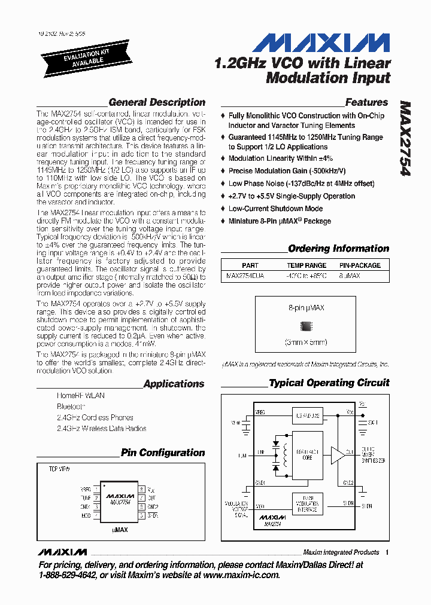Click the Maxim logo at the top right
pyautogui.click(x=321, y=43)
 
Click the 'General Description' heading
pyautogui.click(x=157, y=102)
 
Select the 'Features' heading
pyautogui.click(x=366, y=102)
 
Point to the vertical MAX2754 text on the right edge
pyautogui.click(x=405, y=138)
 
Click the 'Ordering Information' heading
pyautogui.click(x=338, y=249)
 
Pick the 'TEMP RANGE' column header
pyautogui.click(x=306, y=265)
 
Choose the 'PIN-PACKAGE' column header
pyautogui.click(x=360, y=265)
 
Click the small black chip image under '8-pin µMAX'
pyautogui.click(x=306, y=326)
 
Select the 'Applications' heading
pyautogui.click(x=174, y=384)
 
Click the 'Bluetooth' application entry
pyautogui.click(x=71, y=407)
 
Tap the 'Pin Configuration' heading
pyautogui.click(x=163, y=453)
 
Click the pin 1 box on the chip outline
pyautogui.click(x=96, y=489)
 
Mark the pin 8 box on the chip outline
pyautogui.click(x=141, y=489)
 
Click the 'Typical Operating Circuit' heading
pyautogui.click(x=329, y=383)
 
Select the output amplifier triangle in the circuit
pyautogui.click(x=338, y=455)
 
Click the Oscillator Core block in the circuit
pyautogui.click(x=306, y=456)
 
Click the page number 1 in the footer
pyautogui.click(x=388, y=552)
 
